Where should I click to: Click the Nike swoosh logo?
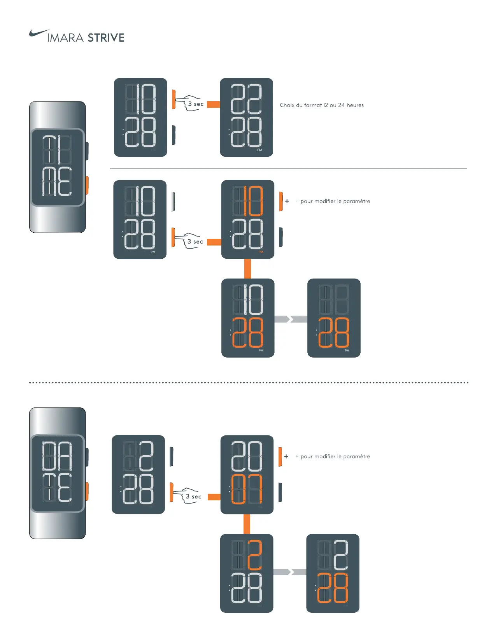(x=39, y=33)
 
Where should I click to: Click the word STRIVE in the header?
(x=106, y=38)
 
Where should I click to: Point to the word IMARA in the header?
(x=65, y=38)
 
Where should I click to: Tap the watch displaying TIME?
(x=58, y=167)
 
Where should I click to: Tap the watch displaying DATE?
(x=58, y=473)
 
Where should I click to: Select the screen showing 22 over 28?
(x=246, y=117)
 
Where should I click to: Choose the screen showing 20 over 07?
(x=247, y=474)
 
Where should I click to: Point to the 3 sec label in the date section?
(x=193, y=496)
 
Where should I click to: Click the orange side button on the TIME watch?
(x=87, y=185)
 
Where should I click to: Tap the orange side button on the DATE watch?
(x=87, y=491)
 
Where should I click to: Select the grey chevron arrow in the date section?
(x=289, y=572)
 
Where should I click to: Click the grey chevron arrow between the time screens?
(x=291, y=319)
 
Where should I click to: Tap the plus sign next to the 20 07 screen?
(x=286, y=456)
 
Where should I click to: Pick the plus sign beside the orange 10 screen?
(x=287, y=201)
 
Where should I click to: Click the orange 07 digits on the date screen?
(x=247, y=489)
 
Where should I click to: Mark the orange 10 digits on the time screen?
(x=253, y=201)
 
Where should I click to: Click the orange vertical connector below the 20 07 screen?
(x=247, y=524)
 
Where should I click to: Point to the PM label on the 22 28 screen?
(x=259, y=150)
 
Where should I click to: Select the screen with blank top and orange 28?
(x=334, y=318)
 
